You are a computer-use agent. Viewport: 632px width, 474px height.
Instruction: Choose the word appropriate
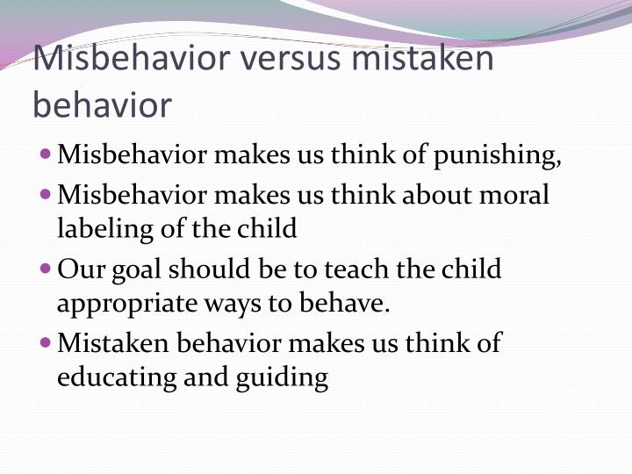pos(121,304)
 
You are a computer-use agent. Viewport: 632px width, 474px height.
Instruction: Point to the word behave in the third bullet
pos(351,304)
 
